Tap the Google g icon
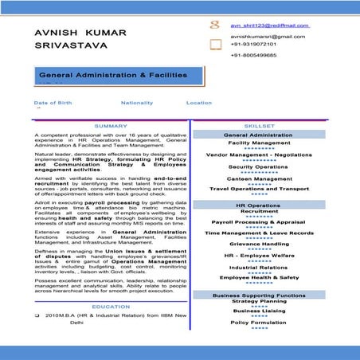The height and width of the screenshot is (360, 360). [214, 25]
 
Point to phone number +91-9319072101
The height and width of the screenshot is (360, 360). [253, 45]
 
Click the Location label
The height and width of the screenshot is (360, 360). [199, 103]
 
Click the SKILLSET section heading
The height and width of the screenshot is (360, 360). [259, 126]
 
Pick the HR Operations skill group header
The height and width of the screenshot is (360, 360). [259, 205]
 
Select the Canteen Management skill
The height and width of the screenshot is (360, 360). [259, 178]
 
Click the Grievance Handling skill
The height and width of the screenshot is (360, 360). [259, 244]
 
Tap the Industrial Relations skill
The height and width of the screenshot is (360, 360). [259, 266]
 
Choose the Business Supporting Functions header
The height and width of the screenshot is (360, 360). [259, 295]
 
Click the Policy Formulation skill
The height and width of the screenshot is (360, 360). [259, 323]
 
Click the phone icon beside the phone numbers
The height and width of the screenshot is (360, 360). [215, 46]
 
